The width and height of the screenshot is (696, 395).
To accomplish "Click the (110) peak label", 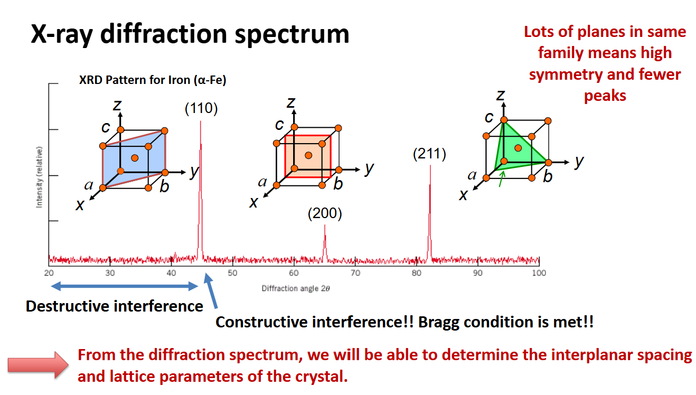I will [x=201, y=109].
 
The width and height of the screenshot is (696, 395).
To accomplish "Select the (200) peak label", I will [x=325, y=214].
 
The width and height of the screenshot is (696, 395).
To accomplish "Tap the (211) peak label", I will [x=430, y=154].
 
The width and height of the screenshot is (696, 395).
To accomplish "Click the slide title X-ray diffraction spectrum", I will [x=190, y=34].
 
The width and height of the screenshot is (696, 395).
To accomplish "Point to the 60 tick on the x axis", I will [x=294, y=273].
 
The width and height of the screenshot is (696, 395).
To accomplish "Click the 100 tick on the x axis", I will [x=539, y=273].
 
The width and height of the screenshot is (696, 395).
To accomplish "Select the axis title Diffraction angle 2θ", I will [x=296, y=289].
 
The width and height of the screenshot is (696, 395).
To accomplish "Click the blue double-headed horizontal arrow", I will [x=124, y=286].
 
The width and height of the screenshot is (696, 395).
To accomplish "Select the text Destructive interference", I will [x=115, y=306].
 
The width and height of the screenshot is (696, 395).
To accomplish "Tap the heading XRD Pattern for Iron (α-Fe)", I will [x=153, y=81].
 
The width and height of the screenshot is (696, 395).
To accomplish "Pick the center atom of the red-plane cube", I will [x=308, y=155].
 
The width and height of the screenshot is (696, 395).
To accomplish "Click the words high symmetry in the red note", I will [x=604, y=63].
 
